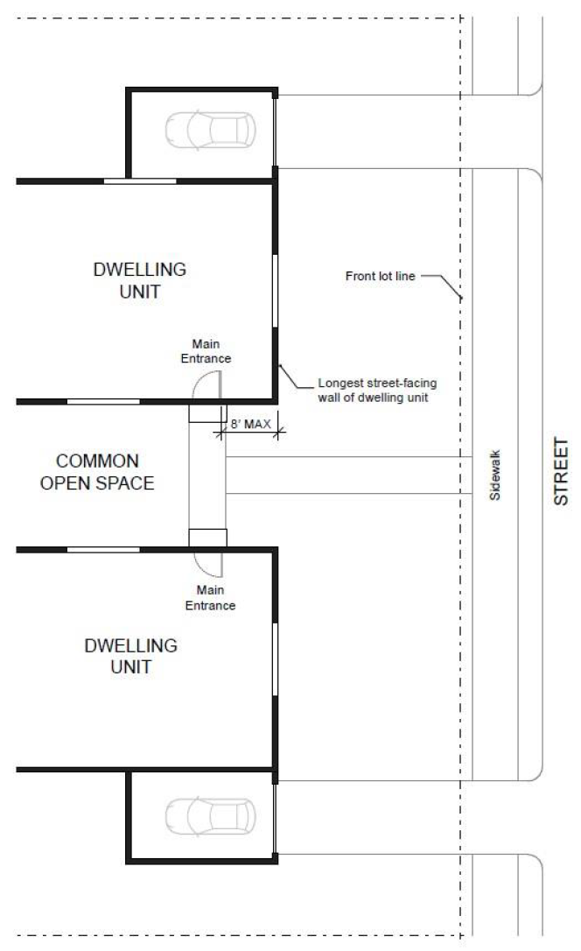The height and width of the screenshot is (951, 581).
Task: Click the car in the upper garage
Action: coord(210,130)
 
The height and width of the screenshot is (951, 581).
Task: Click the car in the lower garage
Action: coord(210,816)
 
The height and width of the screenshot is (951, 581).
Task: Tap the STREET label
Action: coord(561,471)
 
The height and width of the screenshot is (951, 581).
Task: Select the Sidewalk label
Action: coord(495,475)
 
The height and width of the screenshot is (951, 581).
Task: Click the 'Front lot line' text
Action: coord(380,276)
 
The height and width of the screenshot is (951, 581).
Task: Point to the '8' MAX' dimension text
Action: coord(250,424)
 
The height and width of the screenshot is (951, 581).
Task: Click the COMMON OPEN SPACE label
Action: coord(97,472)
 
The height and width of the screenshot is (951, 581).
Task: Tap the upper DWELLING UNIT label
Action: coord(139,280)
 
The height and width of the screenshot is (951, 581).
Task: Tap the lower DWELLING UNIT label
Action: coord(131,656)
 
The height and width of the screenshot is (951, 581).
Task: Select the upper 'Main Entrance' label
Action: coord(206,351)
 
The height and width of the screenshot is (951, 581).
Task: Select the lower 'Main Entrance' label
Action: coord(210,597)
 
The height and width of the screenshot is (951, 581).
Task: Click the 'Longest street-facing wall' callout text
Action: coord(377,390)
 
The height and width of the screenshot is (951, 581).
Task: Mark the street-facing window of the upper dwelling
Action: coord(275,291)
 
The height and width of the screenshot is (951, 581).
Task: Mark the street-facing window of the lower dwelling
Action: coord(275,659)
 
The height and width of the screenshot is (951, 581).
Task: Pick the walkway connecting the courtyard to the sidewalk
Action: coord(349,475)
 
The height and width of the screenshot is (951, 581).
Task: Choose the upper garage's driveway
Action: coord(367,131)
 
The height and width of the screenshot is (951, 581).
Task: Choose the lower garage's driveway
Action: coord(367,817)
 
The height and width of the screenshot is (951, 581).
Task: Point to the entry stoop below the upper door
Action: coord(207,413)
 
